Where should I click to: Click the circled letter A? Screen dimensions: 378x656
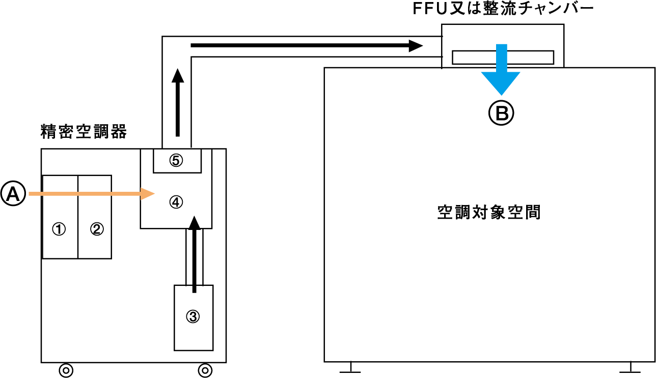pos(13,194)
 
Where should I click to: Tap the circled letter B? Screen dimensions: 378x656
pos(502,113)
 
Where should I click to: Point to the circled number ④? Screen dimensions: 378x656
pos(176,202)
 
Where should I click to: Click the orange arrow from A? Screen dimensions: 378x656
pos(92,194)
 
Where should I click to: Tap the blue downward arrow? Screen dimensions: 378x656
pos(502,71)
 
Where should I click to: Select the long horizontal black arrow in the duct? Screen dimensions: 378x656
pos(306,46)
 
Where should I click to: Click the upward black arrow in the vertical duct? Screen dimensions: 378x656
pos(177,102)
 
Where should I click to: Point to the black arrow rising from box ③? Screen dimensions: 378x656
pos(194,254)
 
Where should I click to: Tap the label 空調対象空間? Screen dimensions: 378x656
pos(489,212)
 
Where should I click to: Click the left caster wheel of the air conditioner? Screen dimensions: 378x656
pos(66,370)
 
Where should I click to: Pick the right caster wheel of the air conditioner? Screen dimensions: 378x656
pos(205,370)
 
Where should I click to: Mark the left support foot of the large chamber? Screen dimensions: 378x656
pos(350,368)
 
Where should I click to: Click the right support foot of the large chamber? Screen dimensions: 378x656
pos(631,368)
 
